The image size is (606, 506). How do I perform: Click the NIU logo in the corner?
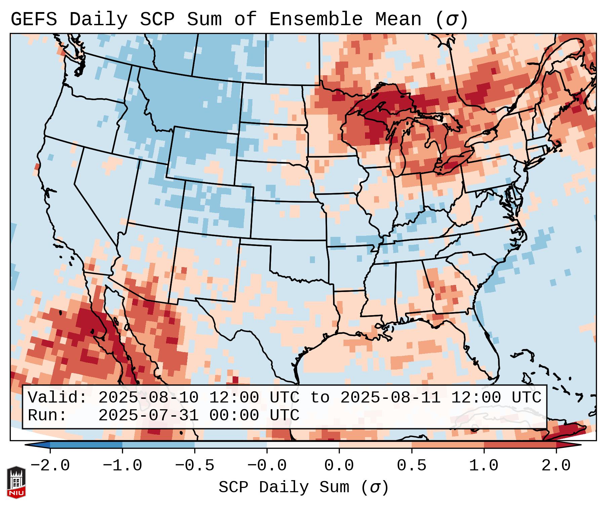pos(16,482)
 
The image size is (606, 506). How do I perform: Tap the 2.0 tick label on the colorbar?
pos(556,466)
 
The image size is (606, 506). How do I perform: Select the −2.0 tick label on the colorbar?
pos(50,466)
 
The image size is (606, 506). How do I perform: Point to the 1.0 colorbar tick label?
pos(484,466)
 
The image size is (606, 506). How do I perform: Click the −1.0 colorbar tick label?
pos(122,466)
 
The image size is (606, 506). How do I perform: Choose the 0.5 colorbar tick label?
pos(411,466)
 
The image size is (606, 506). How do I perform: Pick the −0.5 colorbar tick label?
pos(195,466)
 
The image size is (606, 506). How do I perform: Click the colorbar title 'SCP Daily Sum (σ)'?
pos(303,488)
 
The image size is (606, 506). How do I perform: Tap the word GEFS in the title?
pos(34,19)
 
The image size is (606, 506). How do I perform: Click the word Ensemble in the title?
pos(316,19)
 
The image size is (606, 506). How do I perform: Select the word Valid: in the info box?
pos(57,398)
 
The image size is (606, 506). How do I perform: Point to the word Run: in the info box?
pos(47,416)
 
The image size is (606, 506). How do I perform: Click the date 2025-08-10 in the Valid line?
pos(148,398)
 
